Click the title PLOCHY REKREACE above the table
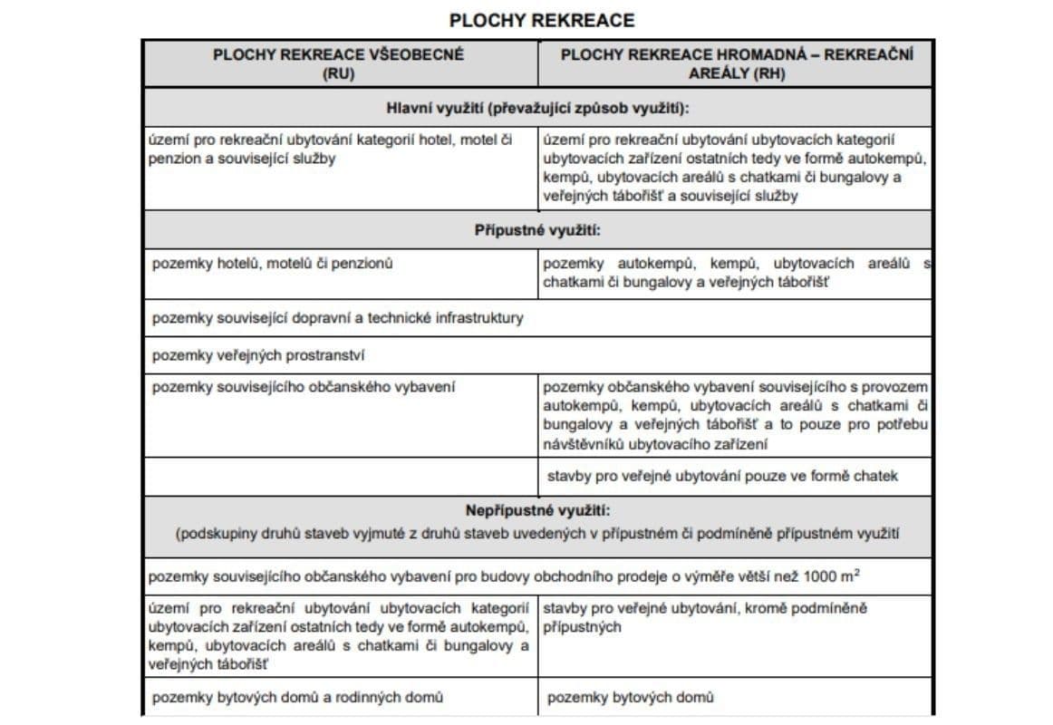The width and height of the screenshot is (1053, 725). click(x=542, y=20)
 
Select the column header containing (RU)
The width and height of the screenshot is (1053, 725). click(x=338, y=63)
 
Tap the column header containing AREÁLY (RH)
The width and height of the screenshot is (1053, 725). click(x=736, y=63)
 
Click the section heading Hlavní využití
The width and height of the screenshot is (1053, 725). click(x=538, y=109)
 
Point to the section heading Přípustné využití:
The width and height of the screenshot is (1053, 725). click(x=537, y=230)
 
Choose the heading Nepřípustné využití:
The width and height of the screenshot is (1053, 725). click(x=538, y=511)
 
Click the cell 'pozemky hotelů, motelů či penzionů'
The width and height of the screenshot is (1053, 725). click(x=273, y=264)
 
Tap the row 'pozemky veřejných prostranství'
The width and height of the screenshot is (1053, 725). click(x=258, y=354)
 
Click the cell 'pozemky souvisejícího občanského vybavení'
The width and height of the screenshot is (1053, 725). click(x=304, y=387)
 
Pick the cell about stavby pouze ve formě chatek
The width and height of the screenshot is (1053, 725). click(x=722, y=475)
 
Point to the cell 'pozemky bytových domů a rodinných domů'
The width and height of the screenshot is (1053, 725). click(x=297, y=697)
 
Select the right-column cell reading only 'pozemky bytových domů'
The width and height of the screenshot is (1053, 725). click(x=630, y=697)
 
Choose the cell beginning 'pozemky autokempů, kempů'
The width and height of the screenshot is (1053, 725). click(x=736, y=273)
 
